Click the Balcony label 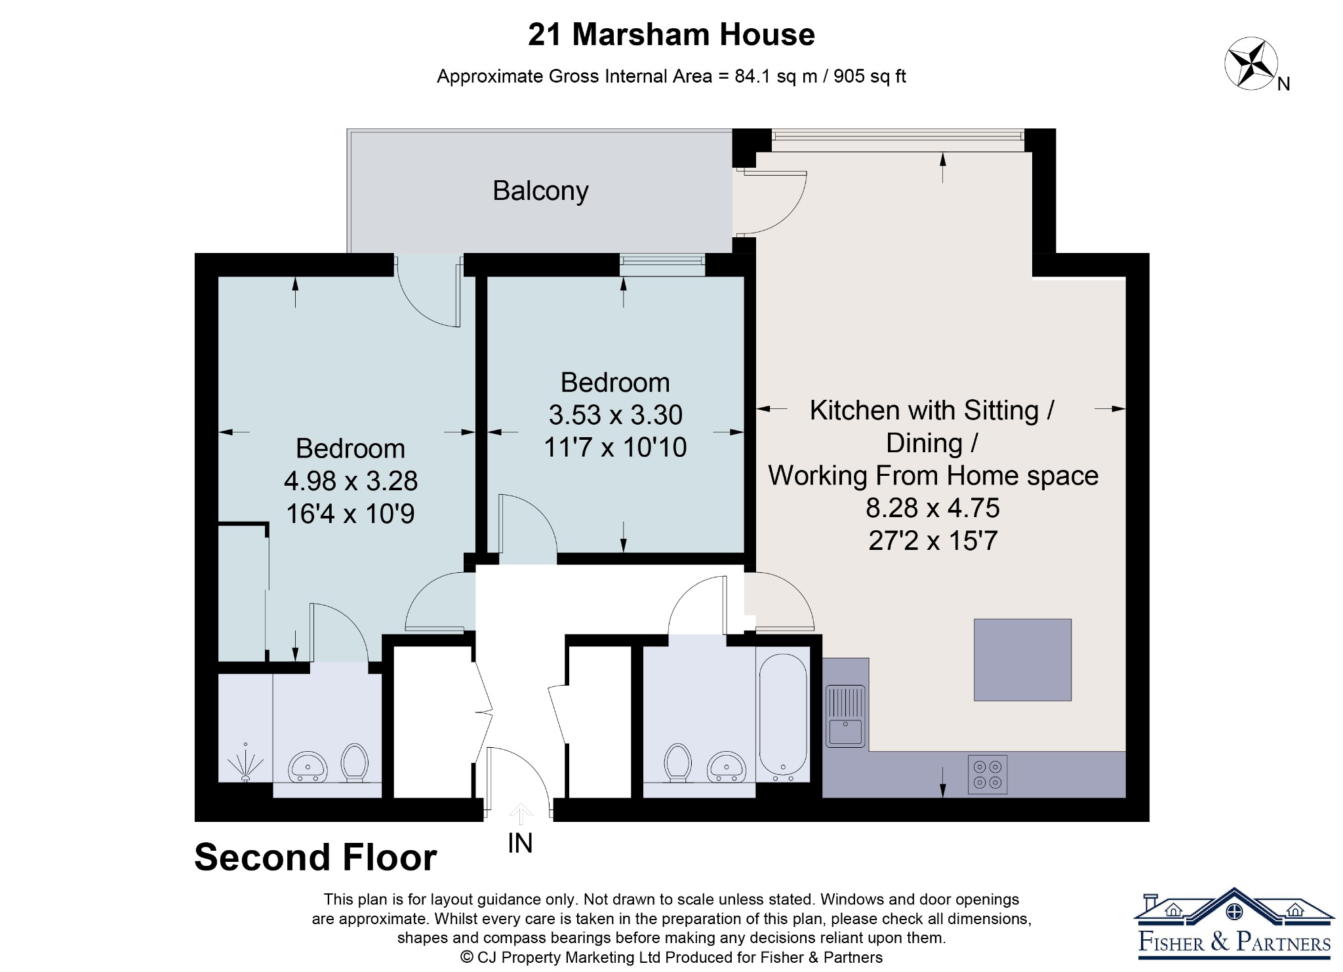(x=540, y=191)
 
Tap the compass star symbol (x=1251, y=64)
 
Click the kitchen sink (x=845, y=716)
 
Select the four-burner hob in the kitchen (x=988, y=775)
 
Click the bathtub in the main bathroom (x=783, y=714)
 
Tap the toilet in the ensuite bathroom (x=355, y=762)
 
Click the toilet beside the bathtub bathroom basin (x=677, y=762)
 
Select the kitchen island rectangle (x=1022, y=660)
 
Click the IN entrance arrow (x=521, y=814)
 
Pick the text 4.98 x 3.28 (x=351, y=481)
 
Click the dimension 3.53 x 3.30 (x=616, y=415)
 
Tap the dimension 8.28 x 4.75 (x=932, y=508)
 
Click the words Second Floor (x=315, y=857)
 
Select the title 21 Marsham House (x=671, y=35)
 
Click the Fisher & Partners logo (x=1234, y=924)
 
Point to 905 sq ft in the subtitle (x=870, y=77)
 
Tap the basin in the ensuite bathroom (x=308, y=766)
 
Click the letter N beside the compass (x=1284, y=84)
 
